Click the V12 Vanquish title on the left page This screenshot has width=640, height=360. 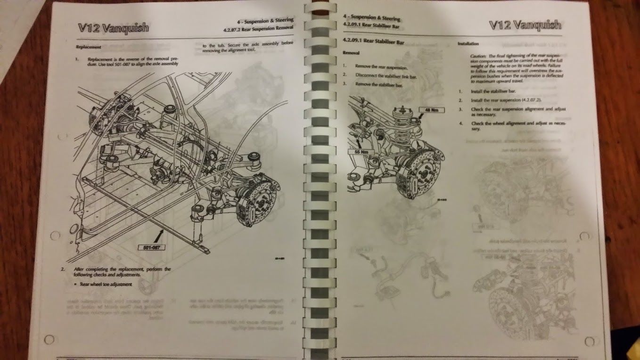click(x=113, y=27)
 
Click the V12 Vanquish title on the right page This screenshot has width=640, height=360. click(x=525, y=25)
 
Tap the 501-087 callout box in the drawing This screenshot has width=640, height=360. click(x=150, y=247)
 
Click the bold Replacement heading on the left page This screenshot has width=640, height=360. click(x=88, y=47)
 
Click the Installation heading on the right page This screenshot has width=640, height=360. click(x=468, y=43)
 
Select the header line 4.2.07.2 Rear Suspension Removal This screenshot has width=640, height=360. click(x=258, y=28)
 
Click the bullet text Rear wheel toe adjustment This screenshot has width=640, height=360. click(x=106, y=284)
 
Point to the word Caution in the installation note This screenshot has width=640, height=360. click(x=478, y=56)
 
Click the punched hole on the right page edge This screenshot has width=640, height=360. click(x=584, y=235)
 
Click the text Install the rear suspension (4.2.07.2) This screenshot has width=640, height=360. click(x=505, y=100)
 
